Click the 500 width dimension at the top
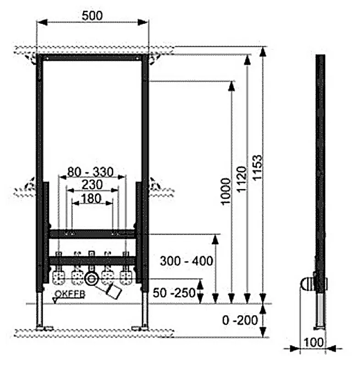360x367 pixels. (x=92, y=16)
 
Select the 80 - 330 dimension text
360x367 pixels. (x=90, y=172)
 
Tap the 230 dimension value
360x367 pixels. (x=92, y=185)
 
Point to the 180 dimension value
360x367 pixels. (x=91, y=199)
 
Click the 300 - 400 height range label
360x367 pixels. (x=187, y=261)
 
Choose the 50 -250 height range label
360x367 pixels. (x=174, y=293)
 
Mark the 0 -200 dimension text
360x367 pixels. (x=240, y=320)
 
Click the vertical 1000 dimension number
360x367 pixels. (x=226, y=191)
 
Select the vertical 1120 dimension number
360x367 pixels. (x=242, y=179)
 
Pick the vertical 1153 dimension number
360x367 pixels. (x=257, y=167)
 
